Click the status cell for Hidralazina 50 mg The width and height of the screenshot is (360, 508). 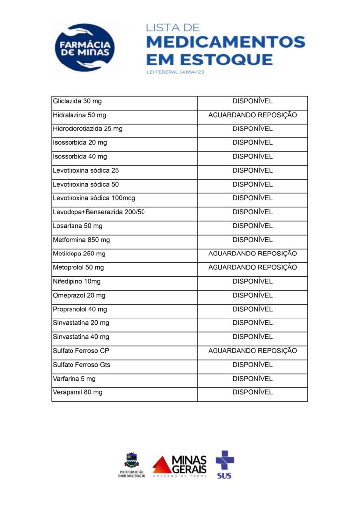coord(252,115)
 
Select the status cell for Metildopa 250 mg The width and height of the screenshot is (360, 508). coord(252,254)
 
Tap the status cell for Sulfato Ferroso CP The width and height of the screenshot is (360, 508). coord(252,351)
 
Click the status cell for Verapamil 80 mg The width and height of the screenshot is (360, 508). coord(252,393)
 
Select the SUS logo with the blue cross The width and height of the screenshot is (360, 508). coord(224,464)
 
